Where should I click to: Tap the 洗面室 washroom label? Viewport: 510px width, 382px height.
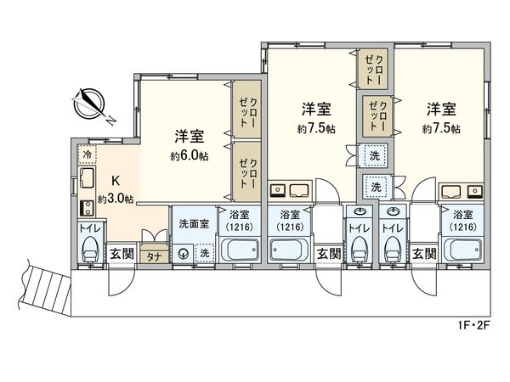click(x=191, y=224)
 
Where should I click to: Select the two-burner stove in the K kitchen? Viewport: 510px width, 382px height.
click(x=86, y=207)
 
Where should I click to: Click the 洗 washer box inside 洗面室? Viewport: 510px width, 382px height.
click(x=204, y=252)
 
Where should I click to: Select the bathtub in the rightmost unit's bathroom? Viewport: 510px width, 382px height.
click(x=463, y=251)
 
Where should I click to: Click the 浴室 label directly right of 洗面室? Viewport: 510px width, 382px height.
click(x=240, y=216)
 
